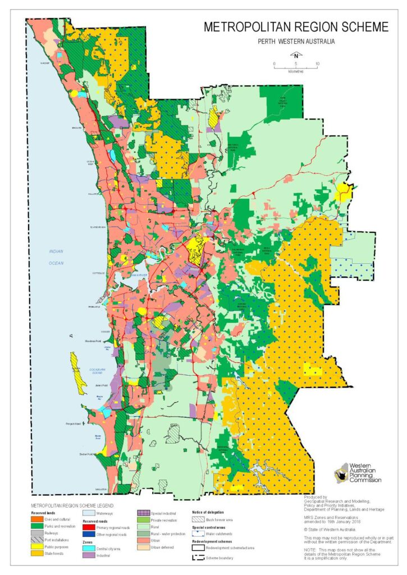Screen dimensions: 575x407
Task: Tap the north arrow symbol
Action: coord(295,55)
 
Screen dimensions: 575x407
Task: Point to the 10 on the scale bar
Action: coord(317,65)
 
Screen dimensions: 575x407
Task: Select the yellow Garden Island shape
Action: coord(77,373)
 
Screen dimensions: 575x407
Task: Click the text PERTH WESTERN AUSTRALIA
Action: coord(296,41)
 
